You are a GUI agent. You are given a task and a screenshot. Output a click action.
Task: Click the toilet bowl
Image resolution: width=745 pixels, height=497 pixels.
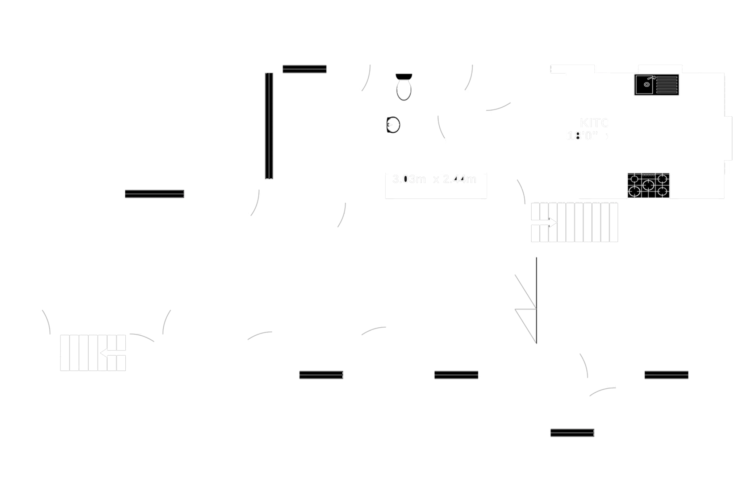click(x=404, y=90)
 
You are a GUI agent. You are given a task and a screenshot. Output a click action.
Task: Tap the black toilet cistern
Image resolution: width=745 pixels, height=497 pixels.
click(x=404, y=76)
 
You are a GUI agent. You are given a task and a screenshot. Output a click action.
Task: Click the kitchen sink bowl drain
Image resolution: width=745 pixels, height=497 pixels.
click(x=647, y=84)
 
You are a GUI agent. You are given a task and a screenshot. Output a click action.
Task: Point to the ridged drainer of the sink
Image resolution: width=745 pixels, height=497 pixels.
click(x=667, y=85)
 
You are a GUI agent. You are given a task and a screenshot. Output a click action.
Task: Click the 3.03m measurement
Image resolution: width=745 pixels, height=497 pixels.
click(x=409, y=179)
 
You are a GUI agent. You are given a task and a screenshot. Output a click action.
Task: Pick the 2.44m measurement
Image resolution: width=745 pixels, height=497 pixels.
click(x=460, y=179)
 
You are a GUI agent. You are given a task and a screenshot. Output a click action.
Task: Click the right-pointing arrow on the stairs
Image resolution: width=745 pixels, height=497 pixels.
click(x=550, y=223)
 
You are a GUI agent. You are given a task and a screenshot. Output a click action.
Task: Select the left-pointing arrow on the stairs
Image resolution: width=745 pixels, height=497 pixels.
click(x=106, y=352)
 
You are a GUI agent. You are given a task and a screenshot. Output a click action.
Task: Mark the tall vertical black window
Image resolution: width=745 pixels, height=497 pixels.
click(x=269, y=126)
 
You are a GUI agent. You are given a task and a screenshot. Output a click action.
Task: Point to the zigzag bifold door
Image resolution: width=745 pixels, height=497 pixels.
click(x=524, y=308)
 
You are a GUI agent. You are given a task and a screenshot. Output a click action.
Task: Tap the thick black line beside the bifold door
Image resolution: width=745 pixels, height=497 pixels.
click(x=536, y=300)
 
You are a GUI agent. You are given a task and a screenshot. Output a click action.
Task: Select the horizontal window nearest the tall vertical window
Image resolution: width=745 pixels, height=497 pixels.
click(x=305, y=69)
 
